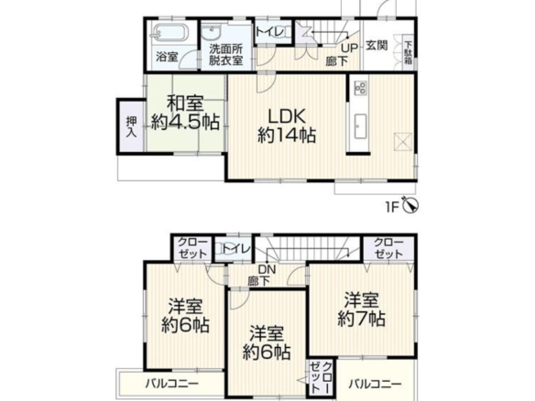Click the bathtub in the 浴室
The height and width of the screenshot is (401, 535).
tap(169, 33)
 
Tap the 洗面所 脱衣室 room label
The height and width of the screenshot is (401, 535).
tap(225, 55)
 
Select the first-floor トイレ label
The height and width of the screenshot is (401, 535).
tap(269, 32)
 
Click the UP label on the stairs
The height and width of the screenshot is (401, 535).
tap(349, 49)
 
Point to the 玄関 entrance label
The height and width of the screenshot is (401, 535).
tap(377, 46)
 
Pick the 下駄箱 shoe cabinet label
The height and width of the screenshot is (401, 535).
tap(409, 53)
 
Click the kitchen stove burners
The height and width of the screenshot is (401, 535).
tap(360, 87)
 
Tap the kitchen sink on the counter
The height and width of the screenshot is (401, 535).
tap(360, 126)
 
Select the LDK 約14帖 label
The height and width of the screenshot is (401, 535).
tap(286, 126)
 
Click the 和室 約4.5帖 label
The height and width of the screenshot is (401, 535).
tap(184, 114)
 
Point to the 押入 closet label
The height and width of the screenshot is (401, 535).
tap(131, 127)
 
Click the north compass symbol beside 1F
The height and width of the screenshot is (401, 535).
tap(410, 205)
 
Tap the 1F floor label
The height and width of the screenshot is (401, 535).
tap(392, 207)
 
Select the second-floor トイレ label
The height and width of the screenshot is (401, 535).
tap(236, 249)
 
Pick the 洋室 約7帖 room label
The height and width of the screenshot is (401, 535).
tap(361, 309)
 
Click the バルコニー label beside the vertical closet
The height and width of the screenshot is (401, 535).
tap(375, 385)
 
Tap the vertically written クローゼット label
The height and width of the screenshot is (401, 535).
tap(322, 377)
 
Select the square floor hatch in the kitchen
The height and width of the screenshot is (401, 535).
tap(402, 141)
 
